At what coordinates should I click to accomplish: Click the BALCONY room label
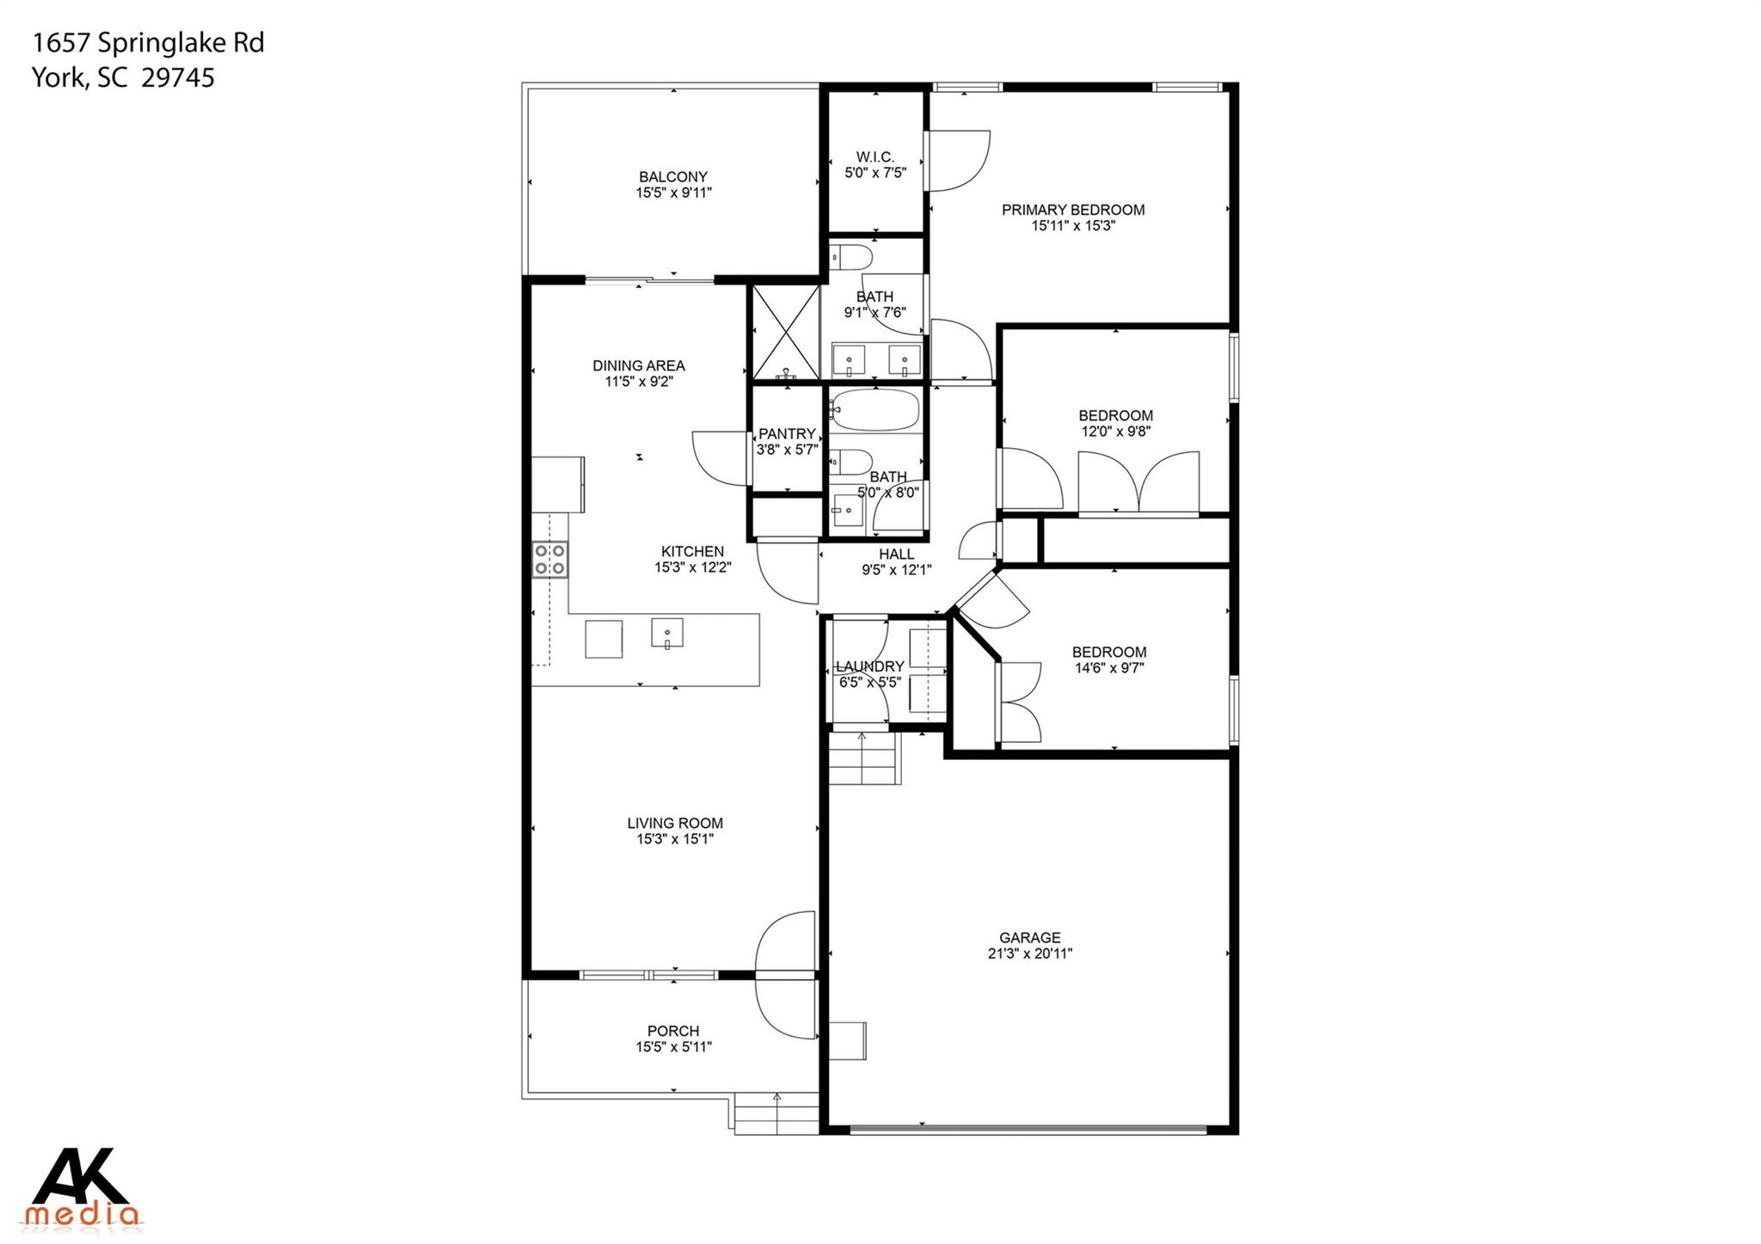pyautogui.click(x=673, y=177)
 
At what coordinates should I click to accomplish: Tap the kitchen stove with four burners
pyautogui.click(x=549, y=559)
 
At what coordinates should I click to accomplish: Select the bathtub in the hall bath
pyautogui.click(x=875, y=410)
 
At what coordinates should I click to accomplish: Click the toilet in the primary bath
pyautogui.click(x=852, y=256)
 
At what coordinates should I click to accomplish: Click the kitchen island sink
pyautogui.click(x=667, y=633)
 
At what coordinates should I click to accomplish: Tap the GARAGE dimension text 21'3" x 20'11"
pyautogui.click(x=1030, y=953)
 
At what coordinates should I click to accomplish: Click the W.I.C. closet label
pyautogui.click(x=875, y=157)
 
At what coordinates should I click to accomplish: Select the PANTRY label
pyautogui.click(x=786, y=434)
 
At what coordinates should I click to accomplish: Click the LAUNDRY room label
pyautogui.click(x=870, y=666)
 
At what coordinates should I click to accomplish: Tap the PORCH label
pyautogui.click(x=673, y=1031)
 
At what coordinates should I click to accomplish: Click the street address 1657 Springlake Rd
pyautogui.click(x=148, y=43)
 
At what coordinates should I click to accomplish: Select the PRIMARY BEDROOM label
pyautogui.click(x=1073, y=210)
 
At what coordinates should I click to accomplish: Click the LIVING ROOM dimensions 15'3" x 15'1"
pyautogui.click(x=675, y=839)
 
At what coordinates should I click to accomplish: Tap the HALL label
pyautogui.click(x=896, y=555)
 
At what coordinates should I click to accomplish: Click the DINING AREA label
pyautogui.click(x=639, y=365)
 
